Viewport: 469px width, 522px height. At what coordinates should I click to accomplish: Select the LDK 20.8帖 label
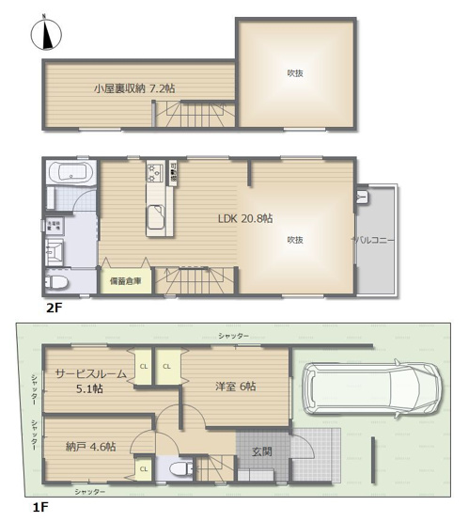244,218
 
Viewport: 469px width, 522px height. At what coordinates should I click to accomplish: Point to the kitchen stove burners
154,174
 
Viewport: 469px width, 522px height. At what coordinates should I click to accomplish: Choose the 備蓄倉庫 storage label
125,280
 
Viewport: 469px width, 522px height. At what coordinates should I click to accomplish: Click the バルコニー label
374,240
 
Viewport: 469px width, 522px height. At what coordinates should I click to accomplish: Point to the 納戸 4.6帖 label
91,448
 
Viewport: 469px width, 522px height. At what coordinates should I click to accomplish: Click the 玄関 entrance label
261,451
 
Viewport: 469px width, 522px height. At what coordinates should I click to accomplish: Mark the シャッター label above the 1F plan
233,336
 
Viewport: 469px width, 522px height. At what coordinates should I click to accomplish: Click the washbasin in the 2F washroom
55,250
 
